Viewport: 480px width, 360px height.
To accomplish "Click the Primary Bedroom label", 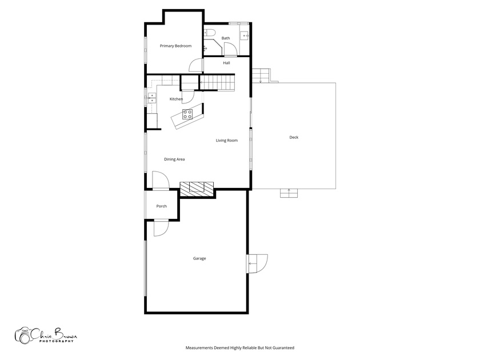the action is [x=176, y=46].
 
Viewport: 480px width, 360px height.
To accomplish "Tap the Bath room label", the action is [x=226, y=38].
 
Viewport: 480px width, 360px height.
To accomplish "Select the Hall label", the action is [x=226, y=63].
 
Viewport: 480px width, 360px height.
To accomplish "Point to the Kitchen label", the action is [x=177, y=99].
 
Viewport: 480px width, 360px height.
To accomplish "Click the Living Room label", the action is [x=227, y=141].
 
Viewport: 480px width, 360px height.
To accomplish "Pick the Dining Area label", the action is [x=174, y=159].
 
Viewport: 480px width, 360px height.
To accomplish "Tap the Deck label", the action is [x=294, y=138].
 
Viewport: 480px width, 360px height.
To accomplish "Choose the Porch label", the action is [x=162, y=206].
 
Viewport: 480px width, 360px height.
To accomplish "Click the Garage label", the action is [x=199, y=258].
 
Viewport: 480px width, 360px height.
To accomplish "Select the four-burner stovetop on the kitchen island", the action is [x=187, y=114].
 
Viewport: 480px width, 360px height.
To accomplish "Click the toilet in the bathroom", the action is [x=210, y=33].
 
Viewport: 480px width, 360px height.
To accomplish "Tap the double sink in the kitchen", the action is [x=152, y=98].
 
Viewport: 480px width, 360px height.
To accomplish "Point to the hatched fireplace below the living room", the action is [x=197, y=189].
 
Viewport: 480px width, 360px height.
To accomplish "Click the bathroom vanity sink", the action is [x=245, y=36].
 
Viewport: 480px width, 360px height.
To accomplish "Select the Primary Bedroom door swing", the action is [x=196, y=66].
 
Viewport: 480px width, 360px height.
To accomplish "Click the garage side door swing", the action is [x=257, y=263].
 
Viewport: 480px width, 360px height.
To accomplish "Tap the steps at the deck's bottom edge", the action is [x=289, y=193].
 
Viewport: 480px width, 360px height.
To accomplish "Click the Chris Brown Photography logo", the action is [x=46, y=335].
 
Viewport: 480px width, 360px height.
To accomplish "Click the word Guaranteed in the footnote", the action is [x=284, y=348].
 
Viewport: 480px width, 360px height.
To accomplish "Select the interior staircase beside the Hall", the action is [x=217, y=82].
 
